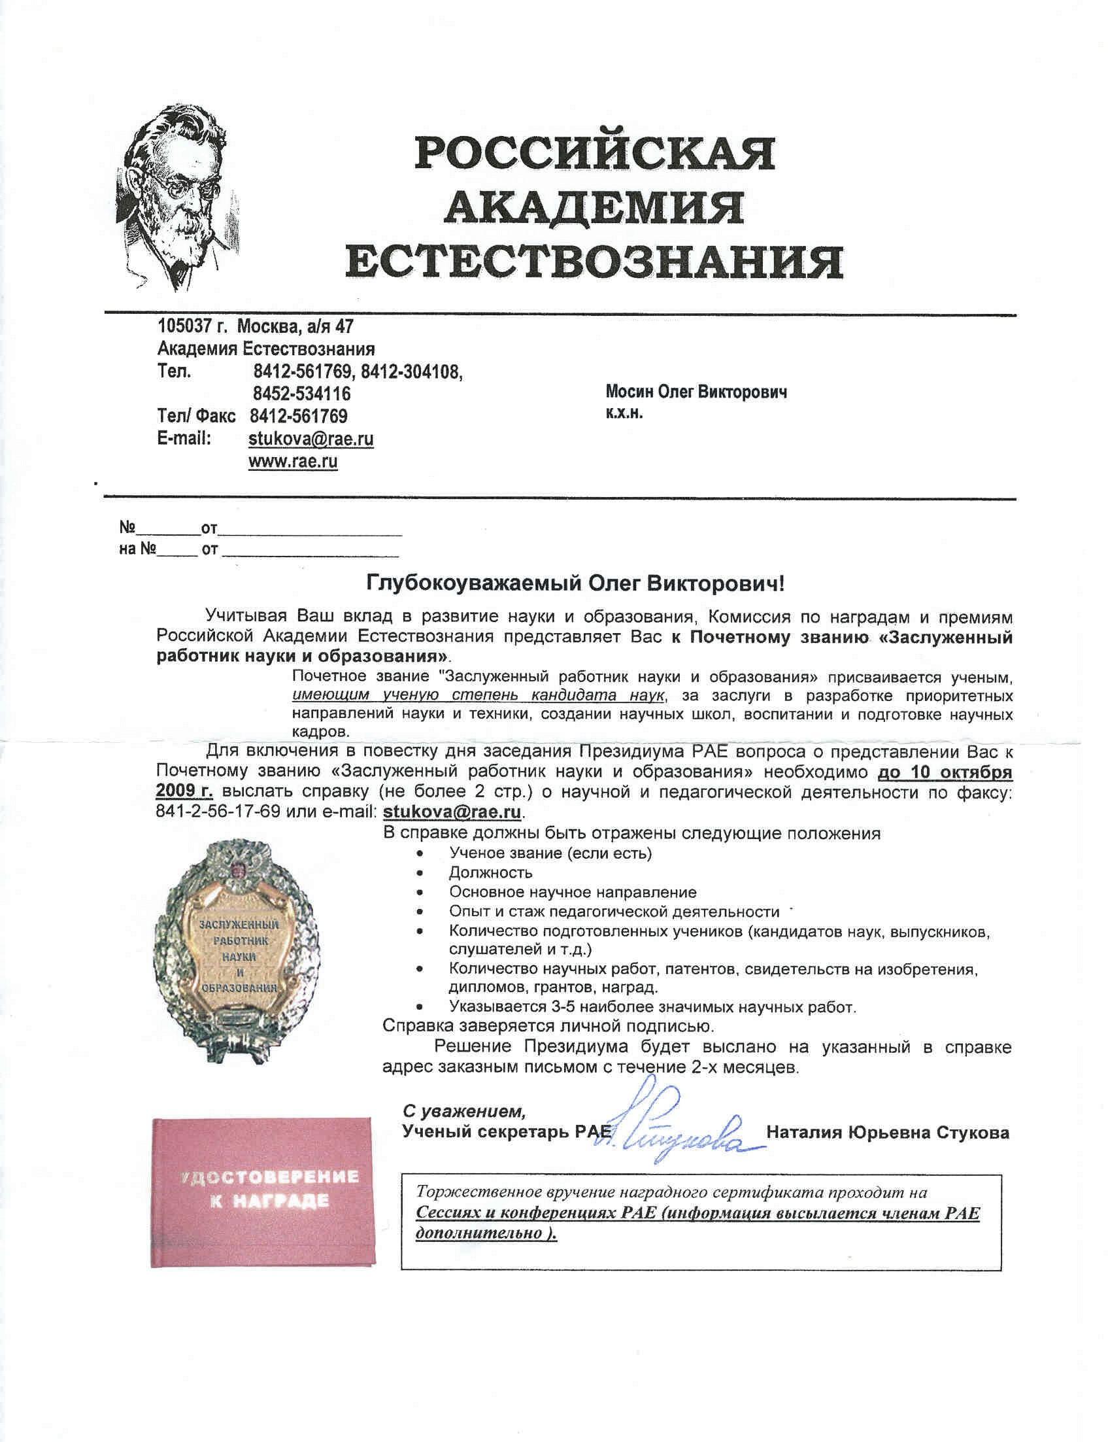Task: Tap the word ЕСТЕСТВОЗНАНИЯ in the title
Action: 594,262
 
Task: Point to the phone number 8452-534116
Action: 301,394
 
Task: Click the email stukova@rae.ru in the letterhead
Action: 311,439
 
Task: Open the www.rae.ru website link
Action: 293,462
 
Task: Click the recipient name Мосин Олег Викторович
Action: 696,392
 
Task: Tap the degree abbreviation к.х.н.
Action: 624,414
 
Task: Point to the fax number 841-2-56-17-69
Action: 218,811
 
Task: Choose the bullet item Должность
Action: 490,872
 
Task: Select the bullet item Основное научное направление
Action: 573,893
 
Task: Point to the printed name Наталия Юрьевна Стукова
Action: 887,1133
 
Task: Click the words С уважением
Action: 465,1112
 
